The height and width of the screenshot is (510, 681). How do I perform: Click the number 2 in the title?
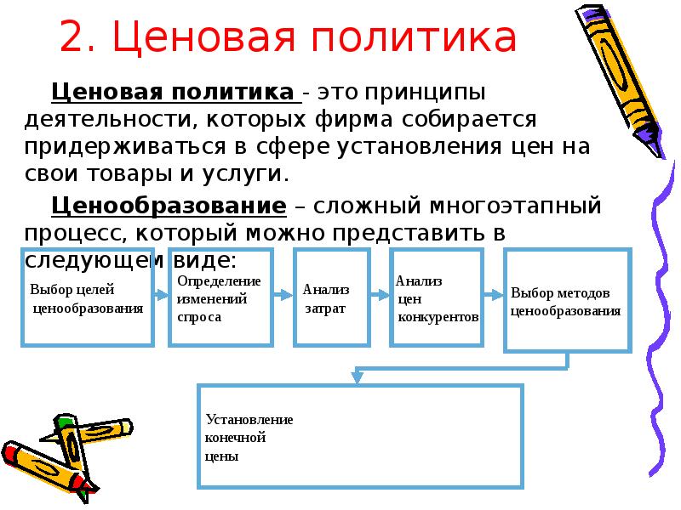pos(74,39)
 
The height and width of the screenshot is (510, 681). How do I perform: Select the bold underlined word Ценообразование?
pos(169,206)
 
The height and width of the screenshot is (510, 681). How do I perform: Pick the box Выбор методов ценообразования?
pos(568,300)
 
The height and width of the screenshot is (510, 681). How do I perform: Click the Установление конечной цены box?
pos(359,435)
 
